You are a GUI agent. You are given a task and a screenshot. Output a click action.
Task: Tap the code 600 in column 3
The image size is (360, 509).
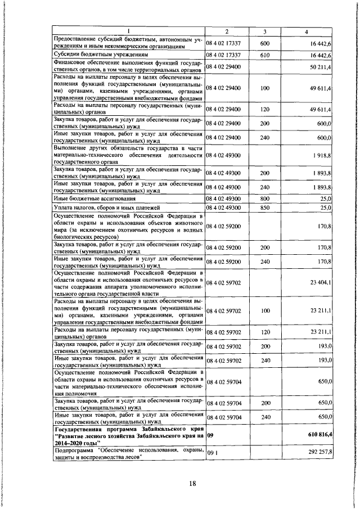(265, 43)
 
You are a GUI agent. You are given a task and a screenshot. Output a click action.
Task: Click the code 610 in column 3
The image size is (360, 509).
(265, 55)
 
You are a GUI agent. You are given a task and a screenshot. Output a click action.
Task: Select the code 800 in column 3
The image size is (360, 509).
(265, 199)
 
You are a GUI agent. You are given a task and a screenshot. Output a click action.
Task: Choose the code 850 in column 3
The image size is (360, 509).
(265, 208)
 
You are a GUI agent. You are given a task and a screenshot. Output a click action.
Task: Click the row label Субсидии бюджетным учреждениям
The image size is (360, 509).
(93, 55)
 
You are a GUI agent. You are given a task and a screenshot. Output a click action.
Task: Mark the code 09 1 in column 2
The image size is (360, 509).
(212, 452)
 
